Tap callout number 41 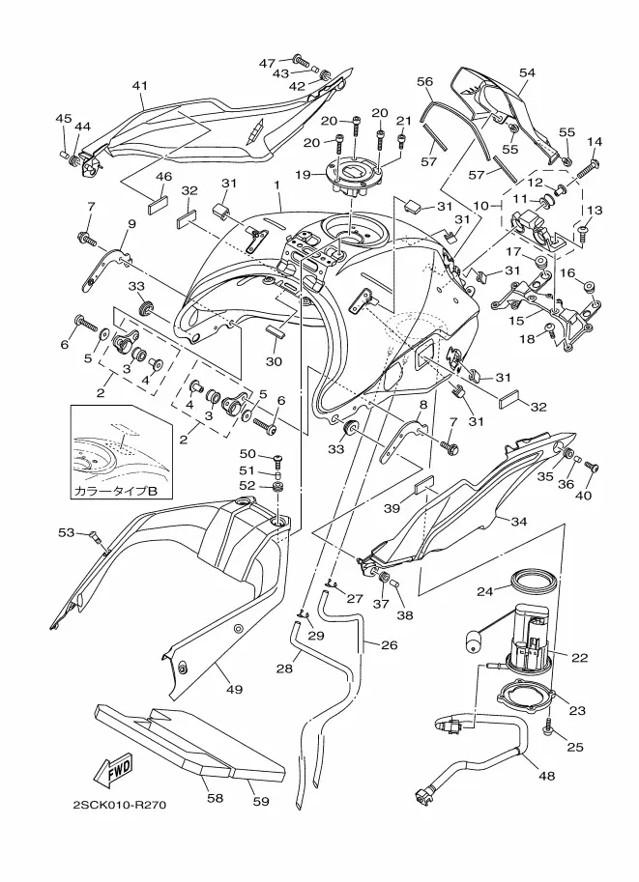[x=139, y=86]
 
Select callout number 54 [x=527, y=72]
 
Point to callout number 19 [x=303, y=174]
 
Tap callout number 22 [x=580, y=658]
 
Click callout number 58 [x=213, y=799]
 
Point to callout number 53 [x=65, y=532]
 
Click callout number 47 [x=267, y=63]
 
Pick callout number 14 [x=595, y=142]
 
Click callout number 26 [x=388, y=644]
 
